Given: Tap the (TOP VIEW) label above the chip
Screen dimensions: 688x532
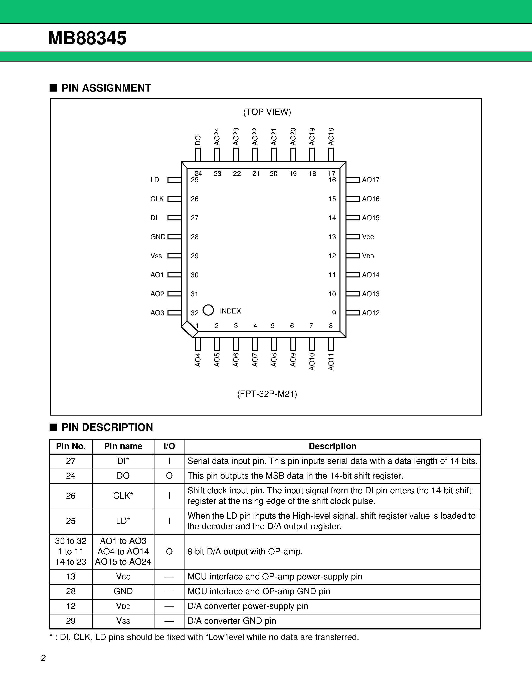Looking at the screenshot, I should pyautogui.click(x=267, y=112).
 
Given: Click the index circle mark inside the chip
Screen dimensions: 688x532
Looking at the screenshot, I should pyautogui.click(x=208, y=310).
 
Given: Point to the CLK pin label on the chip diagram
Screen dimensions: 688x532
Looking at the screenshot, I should pyautogui.click(x=157, y=199).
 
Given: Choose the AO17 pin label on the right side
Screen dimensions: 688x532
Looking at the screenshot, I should pyautogui.click(x=371, y=180).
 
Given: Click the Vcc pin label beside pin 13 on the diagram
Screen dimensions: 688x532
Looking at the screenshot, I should pyautogui.click(x=368, y=237).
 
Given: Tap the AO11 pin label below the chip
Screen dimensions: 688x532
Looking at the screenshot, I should pyautogui.click(x=331, y=362).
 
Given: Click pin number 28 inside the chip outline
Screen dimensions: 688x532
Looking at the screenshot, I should pyautogui.click(x=195, y=237).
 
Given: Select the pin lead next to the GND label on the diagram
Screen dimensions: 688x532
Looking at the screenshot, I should pyautogui.click(x=174, y=237).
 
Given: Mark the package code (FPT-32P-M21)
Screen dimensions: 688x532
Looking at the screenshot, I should pyautogui.click(x=267, y=394).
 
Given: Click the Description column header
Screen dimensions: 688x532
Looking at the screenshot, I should pyautogui.click(x=332, y=446).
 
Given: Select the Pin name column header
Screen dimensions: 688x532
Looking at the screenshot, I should pyautogui.click(x=123, y=446).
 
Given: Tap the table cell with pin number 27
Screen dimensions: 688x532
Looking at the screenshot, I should pyautogui.click(x=71, y=461).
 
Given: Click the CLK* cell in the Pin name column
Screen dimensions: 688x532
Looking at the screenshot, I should pyautogui.click(x=123, y=496).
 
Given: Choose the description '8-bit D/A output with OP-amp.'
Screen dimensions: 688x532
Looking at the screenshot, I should pyautogui.click(x=245, y=552).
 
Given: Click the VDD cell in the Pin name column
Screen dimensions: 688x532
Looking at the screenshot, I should pyautogui.click(x=123, y=606).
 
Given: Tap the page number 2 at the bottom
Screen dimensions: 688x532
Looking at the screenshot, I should pyautogui.click(x=44, y=658).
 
